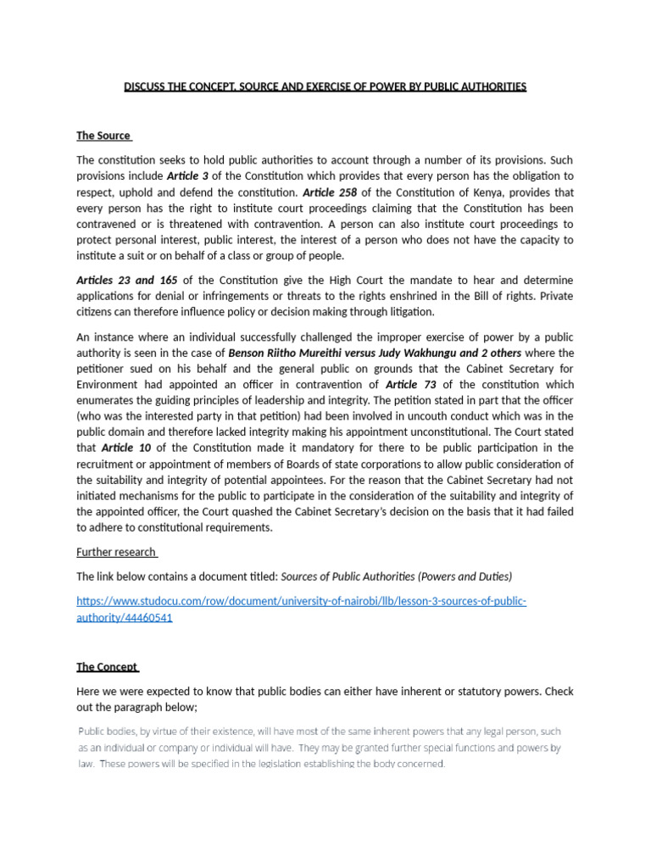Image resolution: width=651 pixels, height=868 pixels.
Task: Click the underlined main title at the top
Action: point(325,87)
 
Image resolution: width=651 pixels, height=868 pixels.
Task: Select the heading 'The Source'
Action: point(103,136)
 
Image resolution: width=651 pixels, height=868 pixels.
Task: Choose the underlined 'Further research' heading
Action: point(115,552)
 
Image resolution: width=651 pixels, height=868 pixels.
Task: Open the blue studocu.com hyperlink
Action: point(301,601)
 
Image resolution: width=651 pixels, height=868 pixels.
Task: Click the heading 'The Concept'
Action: point(107,667)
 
